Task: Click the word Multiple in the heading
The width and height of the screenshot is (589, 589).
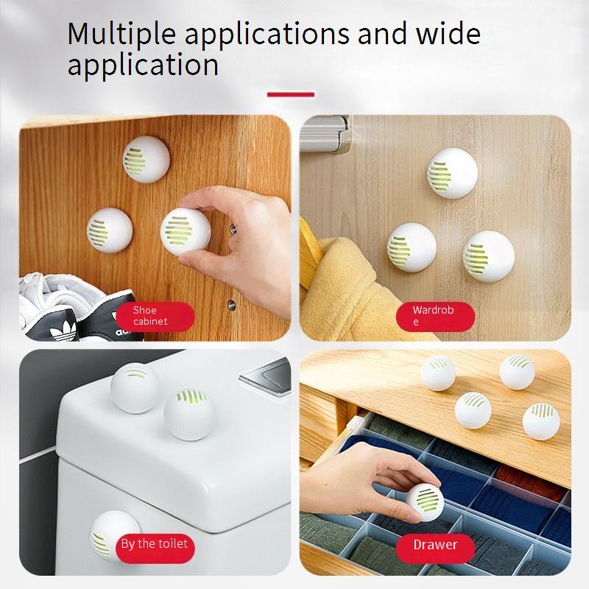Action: click(x=121, y=35)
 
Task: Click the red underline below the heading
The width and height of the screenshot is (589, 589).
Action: click(x=291, y=94)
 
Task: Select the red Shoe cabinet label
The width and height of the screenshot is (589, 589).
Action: click(x=155, y=317)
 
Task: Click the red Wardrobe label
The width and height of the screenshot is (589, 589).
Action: click(x=435, y=317)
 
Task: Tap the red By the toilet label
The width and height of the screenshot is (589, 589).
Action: click(x=155, y=548)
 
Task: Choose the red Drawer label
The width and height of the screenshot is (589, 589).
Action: click(x=435, y=548)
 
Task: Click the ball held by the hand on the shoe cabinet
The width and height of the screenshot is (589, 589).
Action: click(x=186, y=232)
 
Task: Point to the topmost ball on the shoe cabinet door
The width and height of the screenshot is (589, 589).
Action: click(x=146, y=160)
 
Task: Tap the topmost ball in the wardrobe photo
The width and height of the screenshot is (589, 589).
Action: click(x=452, y=173)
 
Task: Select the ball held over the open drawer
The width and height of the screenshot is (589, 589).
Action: click(x=426, y=502)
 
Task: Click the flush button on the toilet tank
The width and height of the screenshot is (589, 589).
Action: click(x=267, y=375)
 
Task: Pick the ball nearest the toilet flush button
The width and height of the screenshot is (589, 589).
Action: click(x=190, y=415)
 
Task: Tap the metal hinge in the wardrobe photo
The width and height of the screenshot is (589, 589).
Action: click(x=326, y=134)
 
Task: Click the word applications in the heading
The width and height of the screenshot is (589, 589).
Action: click(x=267, y=35)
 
